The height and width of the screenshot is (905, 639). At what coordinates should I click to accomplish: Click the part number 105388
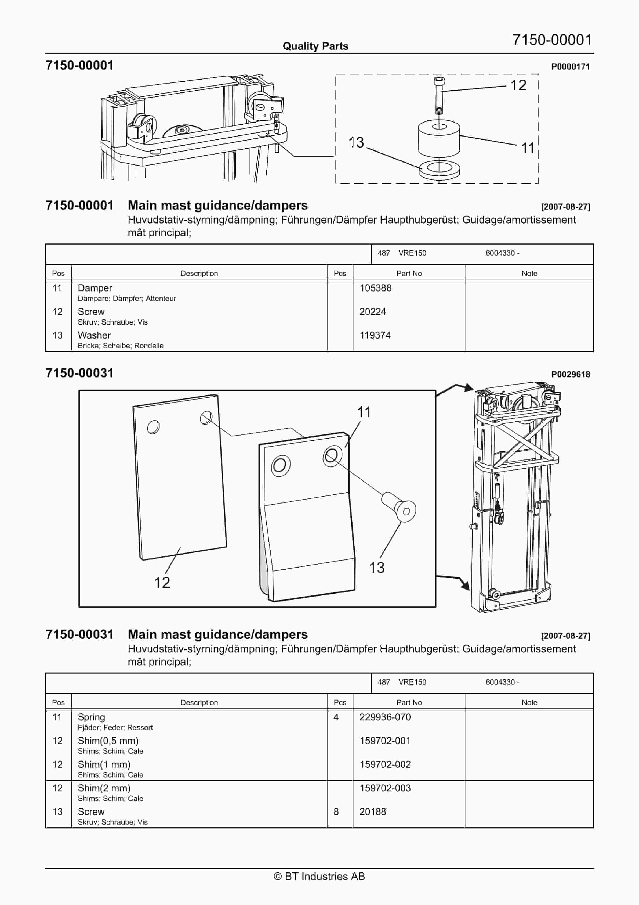375,288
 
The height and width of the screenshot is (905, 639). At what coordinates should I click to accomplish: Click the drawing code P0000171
570,67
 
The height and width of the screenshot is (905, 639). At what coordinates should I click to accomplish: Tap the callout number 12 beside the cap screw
518,85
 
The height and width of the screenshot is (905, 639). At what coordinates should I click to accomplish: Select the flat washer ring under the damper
439,170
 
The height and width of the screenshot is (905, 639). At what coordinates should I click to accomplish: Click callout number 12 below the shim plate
162,583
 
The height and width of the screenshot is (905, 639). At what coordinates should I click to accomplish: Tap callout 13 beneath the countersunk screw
376,568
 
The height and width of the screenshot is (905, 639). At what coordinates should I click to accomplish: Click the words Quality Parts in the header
315,46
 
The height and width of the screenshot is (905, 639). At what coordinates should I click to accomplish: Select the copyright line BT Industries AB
319,876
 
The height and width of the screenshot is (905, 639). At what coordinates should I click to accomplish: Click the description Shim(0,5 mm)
108,741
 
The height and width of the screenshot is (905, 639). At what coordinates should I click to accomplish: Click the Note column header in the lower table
529,702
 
